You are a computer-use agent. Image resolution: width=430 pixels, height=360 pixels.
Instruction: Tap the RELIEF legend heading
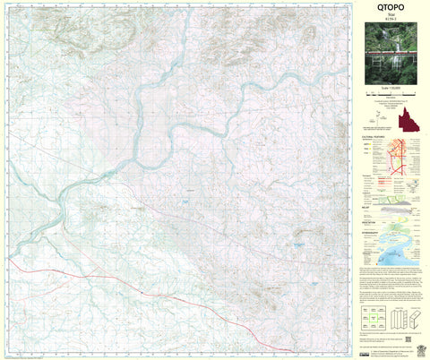(x=367, y=203)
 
